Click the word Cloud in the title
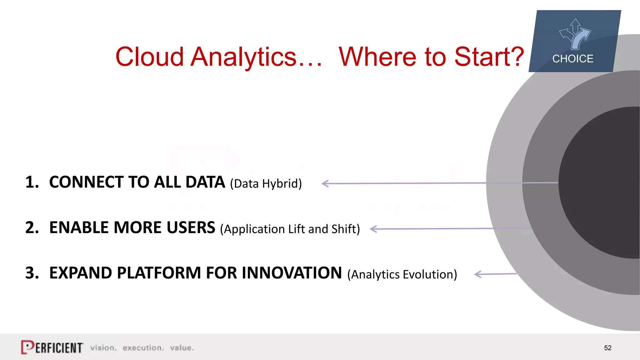pos(149,57)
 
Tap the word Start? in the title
pos(489,57)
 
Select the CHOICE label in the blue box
pos(572,59)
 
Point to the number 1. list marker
pos(32,182)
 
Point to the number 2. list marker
pos(32,227)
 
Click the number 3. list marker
pos(32,273)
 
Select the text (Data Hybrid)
pos(266,184)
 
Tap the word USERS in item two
pos(191,227)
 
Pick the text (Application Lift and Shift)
pos(290,229)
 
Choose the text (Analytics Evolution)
pos(402,274)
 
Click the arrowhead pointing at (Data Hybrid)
pos(325,183)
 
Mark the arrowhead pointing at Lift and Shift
pos(373,229)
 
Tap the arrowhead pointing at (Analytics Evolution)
pos(477,274)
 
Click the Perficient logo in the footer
pos(52,347)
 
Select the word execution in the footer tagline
pos(143,348)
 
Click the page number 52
pos(607,348)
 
